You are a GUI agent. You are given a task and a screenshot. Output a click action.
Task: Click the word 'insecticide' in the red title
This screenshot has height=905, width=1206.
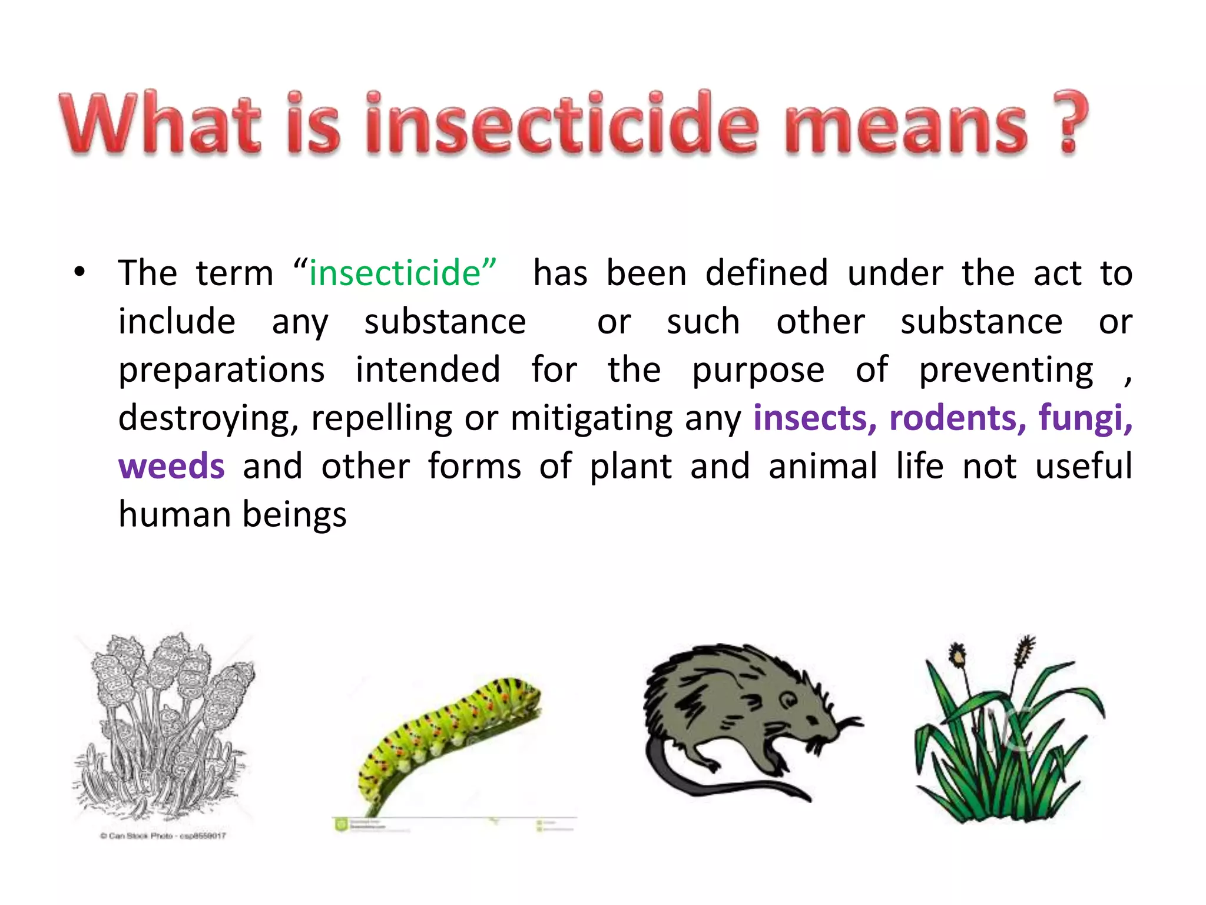(562, 125)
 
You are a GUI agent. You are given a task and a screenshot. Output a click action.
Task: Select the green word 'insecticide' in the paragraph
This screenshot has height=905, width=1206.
(395, 273)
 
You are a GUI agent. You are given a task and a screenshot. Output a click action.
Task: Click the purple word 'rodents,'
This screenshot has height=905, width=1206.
(957, 418)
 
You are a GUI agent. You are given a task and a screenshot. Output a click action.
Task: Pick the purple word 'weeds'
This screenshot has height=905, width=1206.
(171, 466)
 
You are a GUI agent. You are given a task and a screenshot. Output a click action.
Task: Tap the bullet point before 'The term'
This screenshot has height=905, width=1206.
(79, 273)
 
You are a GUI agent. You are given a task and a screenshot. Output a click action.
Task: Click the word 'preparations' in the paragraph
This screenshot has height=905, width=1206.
(221, 370)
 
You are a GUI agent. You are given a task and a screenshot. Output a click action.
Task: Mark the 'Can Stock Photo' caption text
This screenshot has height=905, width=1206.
(163, 835)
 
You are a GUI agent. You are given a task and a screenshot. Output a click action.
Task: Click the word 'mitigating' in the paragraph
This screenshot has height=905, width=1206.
(592, 418)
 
